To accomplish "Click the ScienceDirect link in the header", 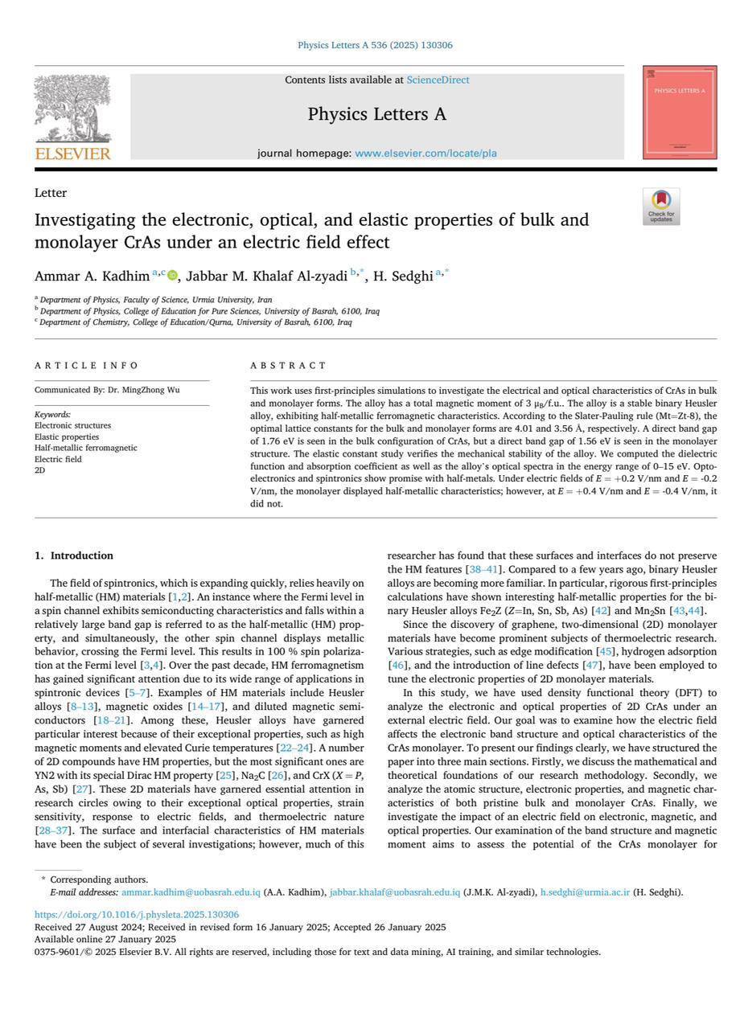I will [x=438, y=80].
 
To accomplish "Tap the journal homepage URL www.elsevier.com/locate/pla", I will [x=425, y=153].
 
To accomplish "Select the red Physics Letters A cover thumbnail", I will [x=680, y=113].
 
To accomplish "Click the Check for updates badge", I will [x=660, y=207].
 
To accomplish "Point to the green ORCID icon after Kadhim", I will [x=172, y=276].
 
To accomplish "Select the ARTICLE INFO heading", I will [x=86, y=365].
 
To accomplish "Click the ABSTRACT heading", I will [x=288, y=365].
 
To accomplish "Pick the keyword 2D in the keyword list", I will [x=40, y=470].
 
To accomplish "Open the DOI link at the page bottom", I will [x=136, y=915].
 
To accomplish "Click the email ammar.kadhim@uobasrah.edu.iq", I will [x=191, y=892].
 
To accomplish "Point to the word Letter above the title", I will [x=50, y=193].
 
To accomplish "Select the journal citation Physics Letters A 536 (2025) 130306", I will [x=375, y=45].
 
